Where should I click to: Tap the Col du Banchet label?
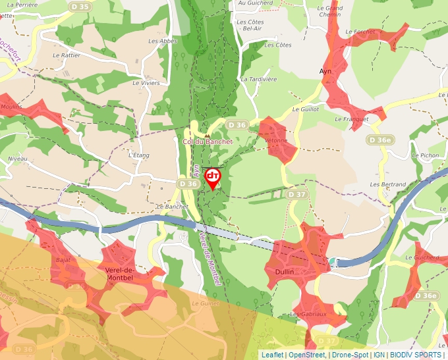click(208, 141)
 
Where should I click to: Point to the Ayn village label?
click(323, 70)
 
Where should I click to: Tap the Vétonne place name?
click(276, 140)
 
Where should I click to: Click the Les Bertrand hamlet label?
click(388, 184)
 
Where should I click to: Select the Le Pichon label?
click(425, 155)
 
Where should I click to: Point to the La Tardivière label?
click(258, 79)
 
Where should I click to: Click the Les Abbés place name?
click(163, 41)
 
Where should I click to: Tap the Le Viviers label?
click(146, 83)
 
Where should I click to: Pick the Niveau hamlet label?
click(17, 159)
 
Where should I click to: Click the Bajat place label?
click(63, 260)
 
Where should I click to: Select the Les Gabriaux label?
click(308, 314)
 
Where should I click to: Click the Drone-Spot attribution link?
click(350, 355)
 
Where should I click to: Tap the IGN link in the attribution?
click(379, 355)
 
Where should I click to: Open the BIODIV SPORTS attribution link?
click(416, 355)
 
